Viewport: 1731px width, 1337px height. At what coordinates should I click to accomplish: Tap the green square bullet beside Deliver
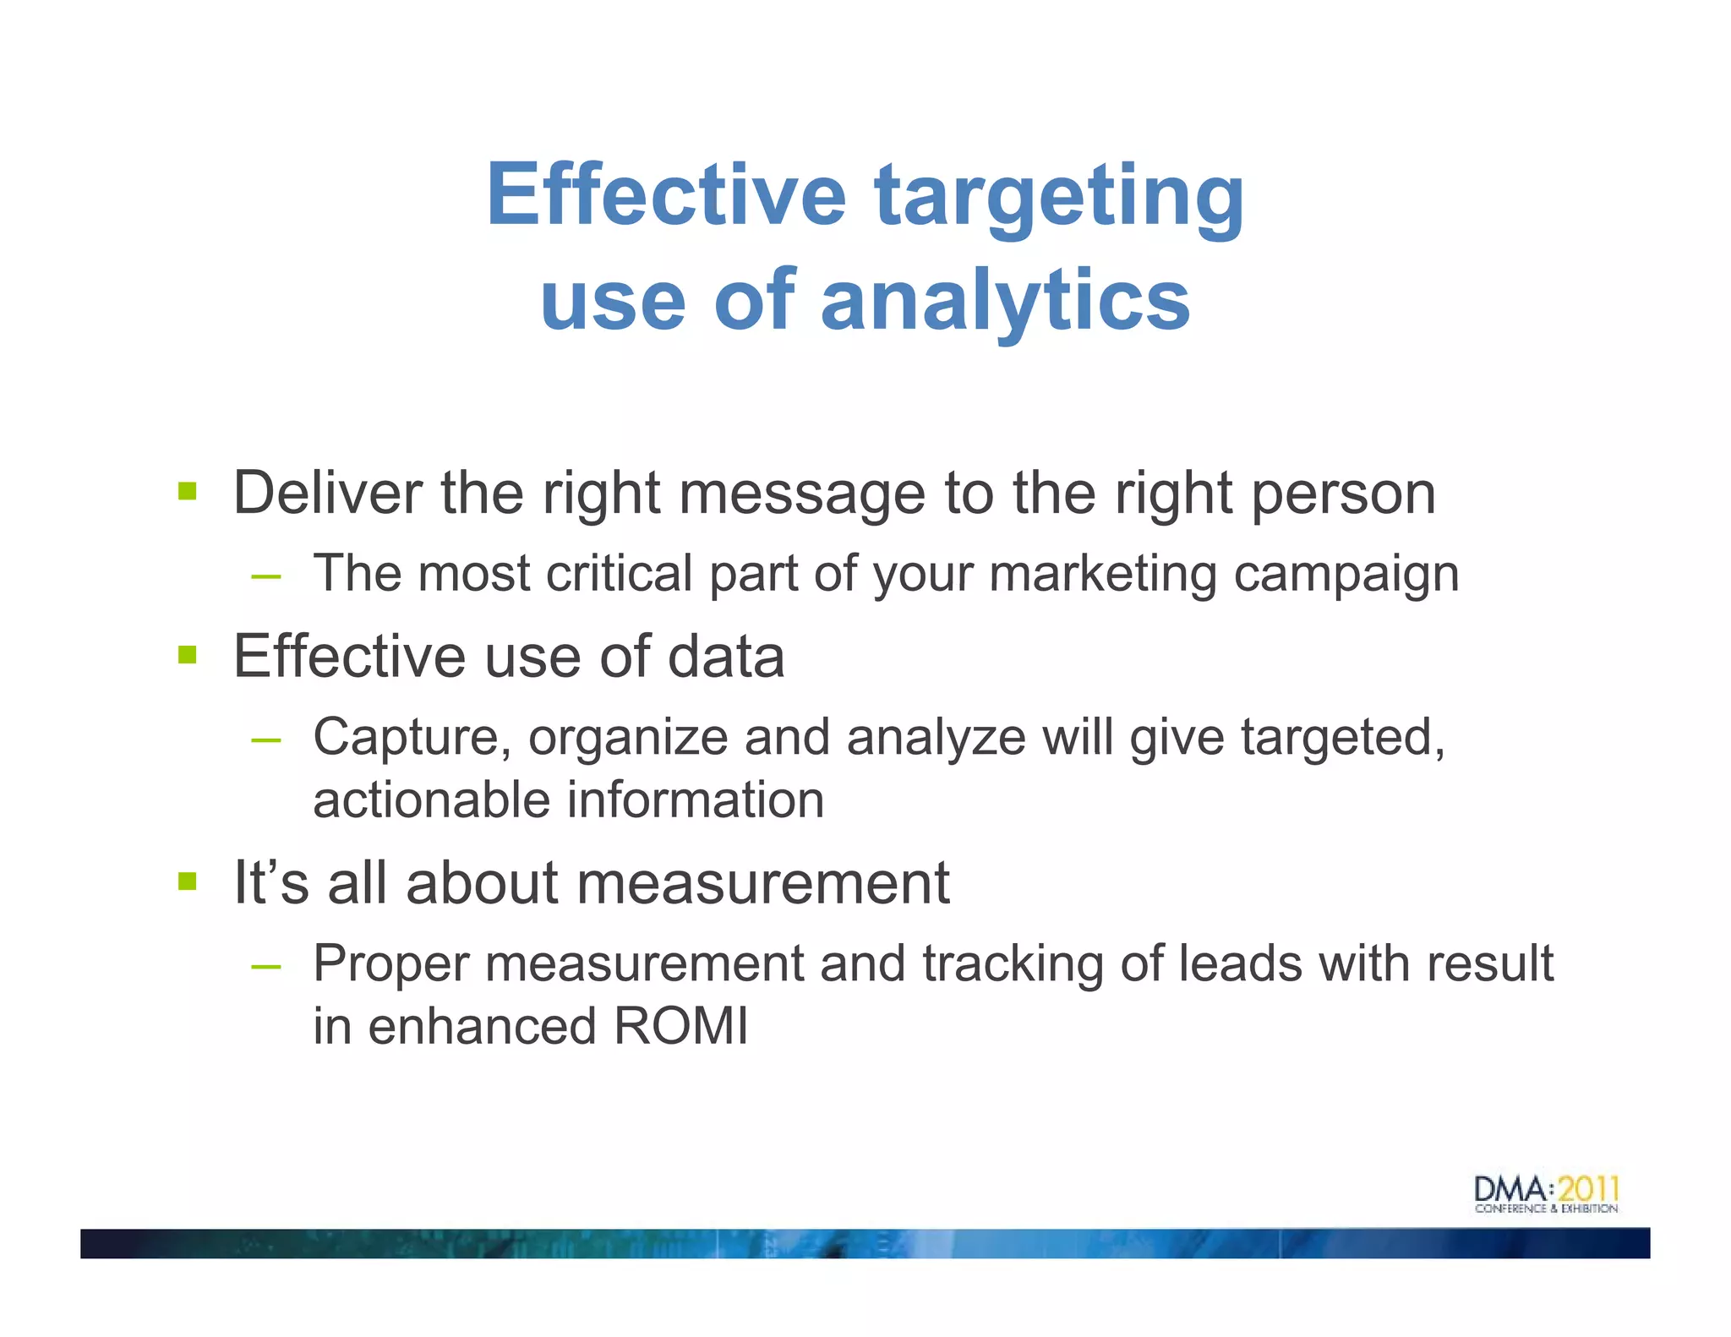pos(187,491)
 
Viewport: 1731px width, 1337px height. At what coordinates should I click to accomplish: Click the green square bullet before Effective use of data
pos(187,655)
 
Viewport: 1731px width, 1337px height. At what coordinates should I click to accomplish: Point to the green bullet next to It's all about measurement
pos(187,881)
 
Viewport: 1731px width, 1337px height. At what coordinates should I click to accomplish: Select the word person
pos(1343,494)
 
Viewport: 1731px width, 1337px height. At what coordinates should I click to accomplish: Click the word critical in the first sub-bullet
pos(620,573)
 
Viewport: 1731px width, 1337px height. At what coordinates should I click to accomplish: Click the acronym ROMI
pos(680,1026)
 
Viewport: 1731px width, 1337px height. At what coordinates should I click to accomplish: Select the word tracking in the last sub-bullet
pos(1013,963)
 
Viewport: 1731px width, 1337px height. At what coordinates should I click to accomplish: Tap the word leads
pos(1240,963)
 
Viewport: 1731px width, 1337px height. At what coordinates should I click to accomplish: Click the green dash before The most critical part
pos(265,576)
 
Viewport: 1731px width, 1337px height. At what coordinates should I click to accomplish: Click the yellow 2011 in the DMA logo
pos(1588,1189)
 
